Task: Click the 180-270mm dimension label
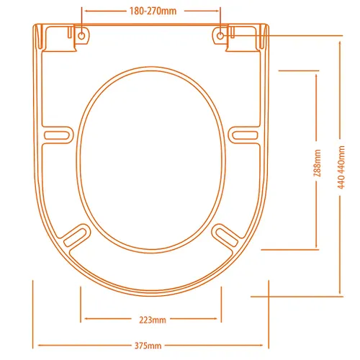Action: (x=153, y=11)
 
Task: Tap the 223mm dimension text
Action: (x=153, y=320)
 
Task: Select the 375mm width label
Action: (x=148, y=346)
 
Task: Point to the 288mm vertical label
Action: (x=318, y=163)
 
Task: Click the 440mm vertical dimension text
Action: (x=341, y=167)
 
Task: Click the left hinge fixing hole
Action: (x=81, y=36)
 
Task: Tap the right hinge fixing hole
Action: (x=220, y=36)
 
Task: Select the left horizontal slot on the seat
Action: (x=57, y=135)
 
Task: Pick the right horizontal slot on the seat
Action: (x=246, y=135)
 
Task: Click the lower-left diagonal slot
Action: (x=76, y=237)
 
